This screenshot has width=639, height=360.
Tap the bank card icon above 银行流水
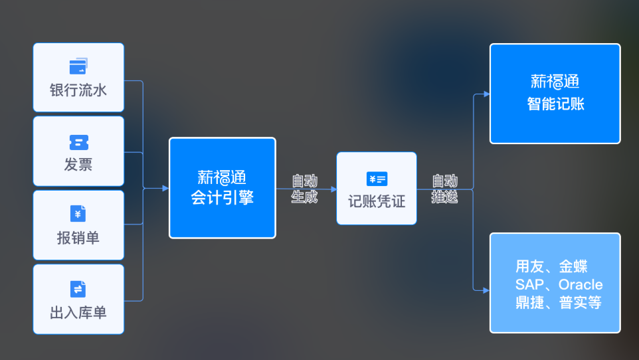(x=78, y=66)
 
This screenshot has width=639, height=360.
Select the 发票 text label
(x=78, y=165)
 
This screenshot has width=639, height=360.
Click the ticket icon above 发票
(x=78, y=142)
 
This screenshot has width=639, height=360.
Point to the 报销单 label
(x=78, y=238)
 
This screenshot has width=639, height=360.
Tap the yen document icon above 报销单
(x=78, y=214)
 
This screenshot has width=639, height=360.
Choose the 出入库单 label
(x=78, y=312)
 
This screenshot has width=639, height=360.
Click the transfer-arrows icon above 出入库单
(x=78, y=289)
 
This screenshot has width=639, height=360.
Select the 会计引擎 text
(x=223, y=197)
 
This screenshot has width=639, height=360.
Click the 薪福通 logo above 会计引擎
(x=223, y=177)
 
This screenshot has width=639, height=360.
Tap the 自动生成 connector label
(x=305, y=189)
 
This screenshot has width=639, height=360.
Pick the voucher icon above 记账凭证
(x=377, y=179)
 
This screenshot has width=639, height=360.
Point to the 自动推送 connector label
(x=444, y=189)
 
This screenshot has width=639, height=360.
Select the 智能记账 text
(x=555, y=104)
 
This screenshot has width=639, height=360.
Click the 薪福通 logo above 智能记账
(x=555, y=82)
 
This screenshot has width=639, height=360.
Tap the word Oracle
(x=580, y=284)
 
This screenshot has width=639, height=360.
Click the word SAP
(x=529, y=284)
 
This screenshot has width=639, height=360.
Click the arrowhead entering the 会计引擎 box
(x=165, y=188)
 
